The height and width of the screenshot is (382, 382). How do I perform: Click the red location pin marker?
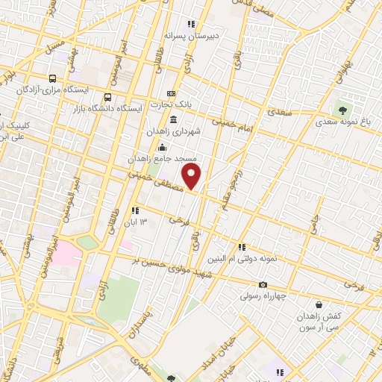pyautogui.click(x=193, y=176)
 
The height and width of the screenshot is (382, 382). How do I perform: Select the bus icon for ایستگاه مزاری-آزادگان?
pyautogui.click(x=52, y=78)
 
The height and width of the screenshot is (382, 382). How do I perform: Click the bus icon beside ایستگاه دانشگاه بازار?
pyautogui.click(x=108, y=97)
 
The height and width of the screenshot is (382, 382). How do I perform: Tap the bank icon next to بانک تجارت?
pyautogui.click(x=172, y=94)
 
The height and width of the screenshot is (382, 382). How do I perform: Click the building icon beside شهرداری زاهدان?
pyautogui.click(x=173, y=119)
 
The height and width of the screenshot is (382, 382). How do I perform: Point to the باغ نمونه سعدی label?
pyautogui.click(x=342, y=121)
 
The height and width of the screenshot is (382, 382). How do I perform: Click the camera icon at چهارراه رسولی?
pyautogui.click(x=263, y=284)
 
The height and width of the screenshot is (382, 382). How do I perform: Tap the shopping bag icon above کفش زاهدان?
pyautogui.click(x=319, y=304)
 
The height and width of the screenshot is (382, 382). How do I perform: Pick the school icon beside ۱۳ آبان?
pyautogui.click(x=135, y=210)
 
